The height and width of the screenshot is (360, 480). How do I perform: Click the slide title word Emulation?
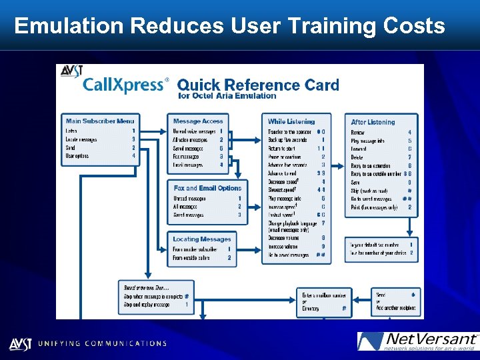tap(69, 26)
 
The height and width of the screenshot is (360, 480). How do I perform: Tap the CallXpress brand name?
tap(123, 85)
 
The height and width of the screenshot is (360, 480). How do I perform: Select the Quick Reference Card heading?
tap(258, 85)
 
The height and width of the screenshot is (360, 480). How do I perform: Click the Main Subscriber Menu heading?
tap(100, 121)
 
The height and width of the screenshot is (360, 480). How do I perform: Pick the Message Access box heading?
tap(198, 121)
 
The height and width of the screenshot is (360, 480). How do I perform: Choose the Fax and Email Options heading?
tap(207, 188)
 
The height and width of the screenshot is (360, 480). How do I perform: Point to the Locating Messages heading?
tap(202, 239)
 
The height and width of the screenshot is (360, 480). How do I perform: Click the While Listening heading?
tap(291, 121)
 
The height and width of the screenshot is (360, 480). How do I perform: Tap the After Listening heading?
tap(373, 122)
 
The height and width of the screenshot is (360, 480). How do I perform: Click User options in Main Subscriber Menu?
tap(78, 156)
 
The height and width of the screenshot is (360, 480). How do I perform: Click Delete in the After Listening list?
tap(358, 157)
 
